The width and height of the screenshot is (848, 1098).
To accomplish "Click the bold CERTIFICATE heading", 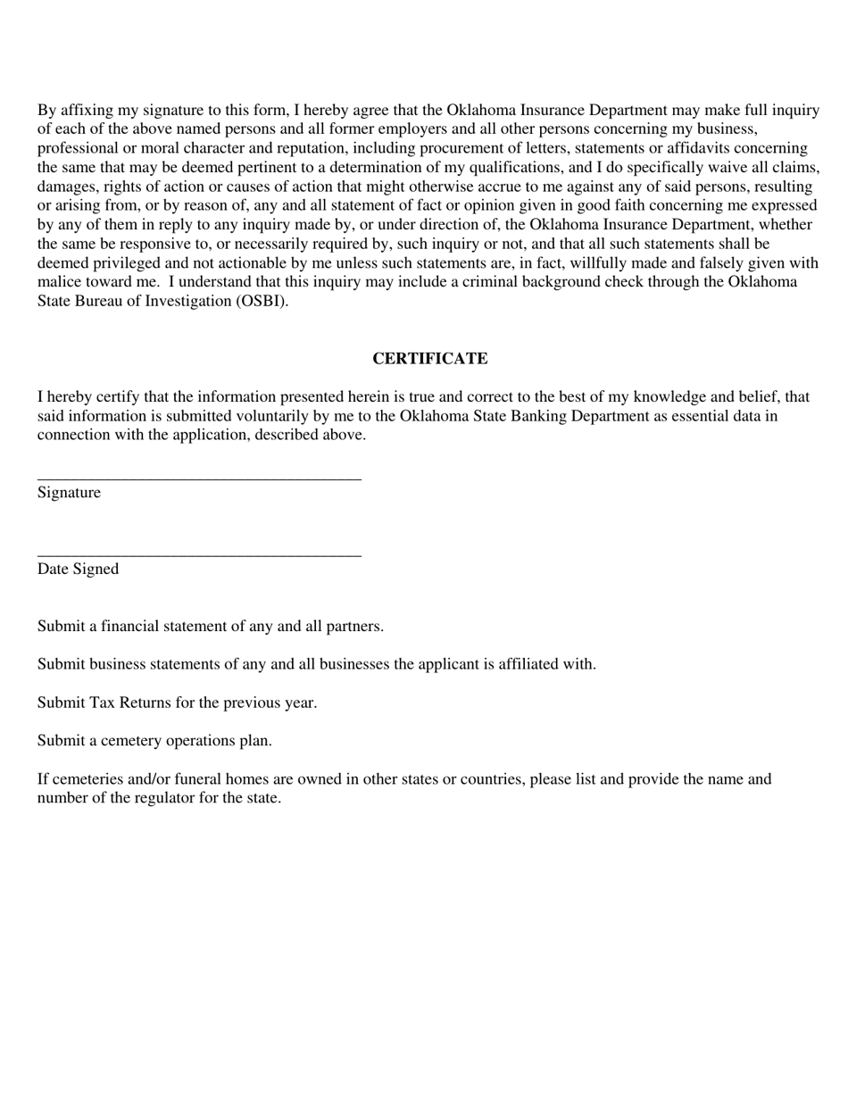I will coord(429,359).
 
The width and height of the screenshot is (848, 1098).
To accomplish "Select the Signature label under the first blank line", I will coord(69,493).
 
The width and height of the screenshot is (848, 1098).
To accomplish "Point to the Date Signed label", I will coord(78,570).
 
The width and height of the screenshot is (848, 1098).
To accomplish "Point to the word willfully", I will coord(600,263).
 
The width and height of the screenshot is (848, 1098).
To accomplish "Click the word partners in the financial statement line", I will coord(355,627).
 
